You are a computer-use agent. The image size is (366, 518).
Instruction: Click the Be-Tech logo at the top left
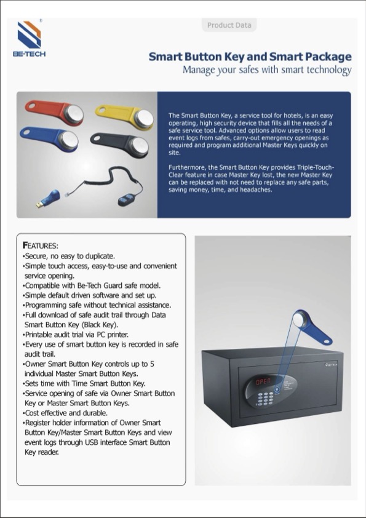click(29, 38)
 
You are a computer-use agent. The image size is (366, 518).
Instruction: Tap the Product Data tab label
click(229, 25)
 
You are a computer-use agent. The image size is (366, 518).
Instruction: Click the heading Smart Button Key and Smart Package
click(250, 57)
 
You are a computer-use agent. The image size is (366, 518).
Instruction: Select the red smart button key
click(55, 113)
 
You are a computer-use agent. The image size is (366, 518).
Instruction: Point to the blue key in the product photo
click(50, 136)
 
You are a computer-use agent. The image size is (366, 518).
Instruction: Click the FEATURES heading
click(41, 245)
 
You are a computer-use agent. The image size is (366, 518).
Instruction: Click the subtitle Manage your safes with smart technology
click(266, 70)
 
